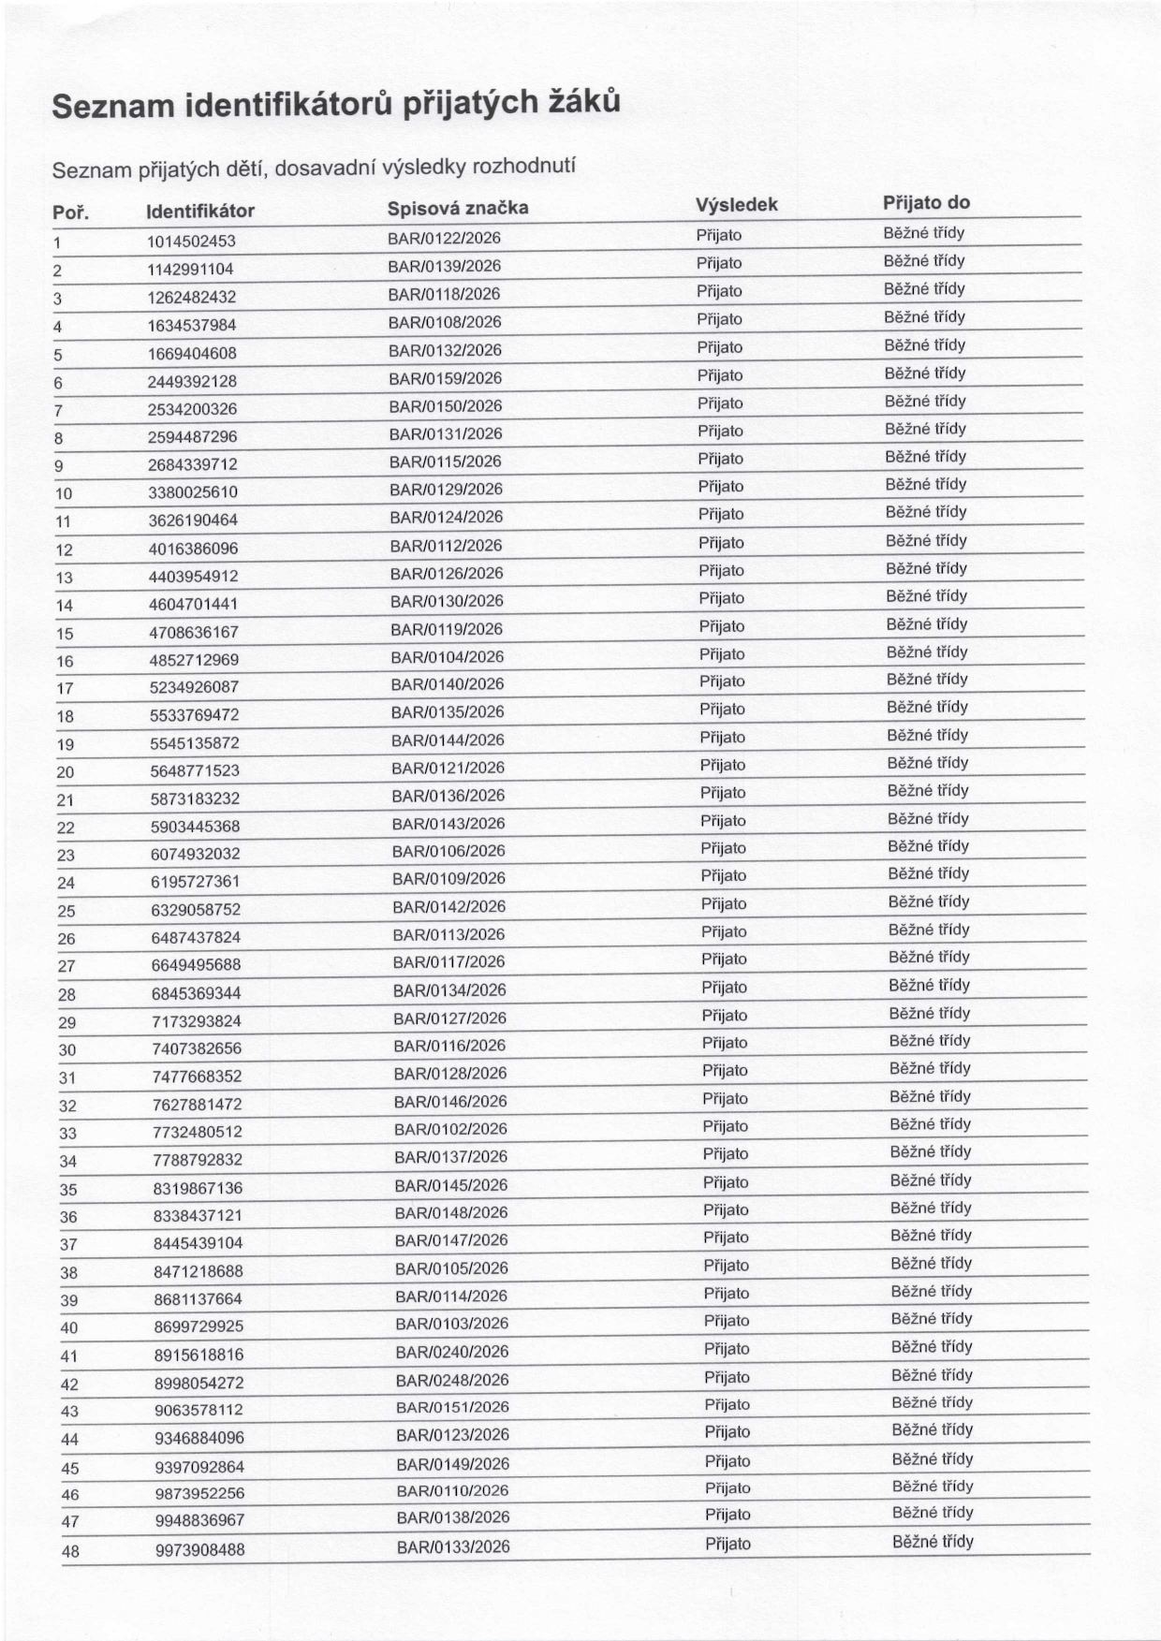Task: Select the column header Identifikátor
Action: point(200,211)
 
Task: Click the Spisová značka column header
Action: point(458,208)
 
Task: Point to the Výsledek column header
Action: point(736,204)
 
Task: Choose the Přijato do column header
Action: point(926,202)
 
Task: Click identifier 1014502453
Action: point(191,242)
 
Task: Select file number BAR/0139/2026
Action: point(445,266)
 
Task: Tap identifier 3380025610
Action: point(193,491)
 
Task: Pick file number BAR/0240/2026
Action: point(452,1352)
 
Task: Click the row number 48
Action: point(70,1551)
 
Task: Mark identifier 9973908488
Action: point(200,1549)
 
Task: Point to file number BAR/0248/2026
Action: point(452,1380)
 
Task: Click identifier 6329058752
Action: point(196,909)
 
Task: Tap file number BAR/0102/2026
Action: point(450,1129)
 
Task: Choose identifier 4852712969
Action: point(194,659)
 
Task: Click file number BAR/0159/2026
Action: point(446,378)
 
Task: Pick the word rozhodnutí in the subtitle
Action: point(523,166)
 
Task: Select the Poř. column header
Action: point(70,213)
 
